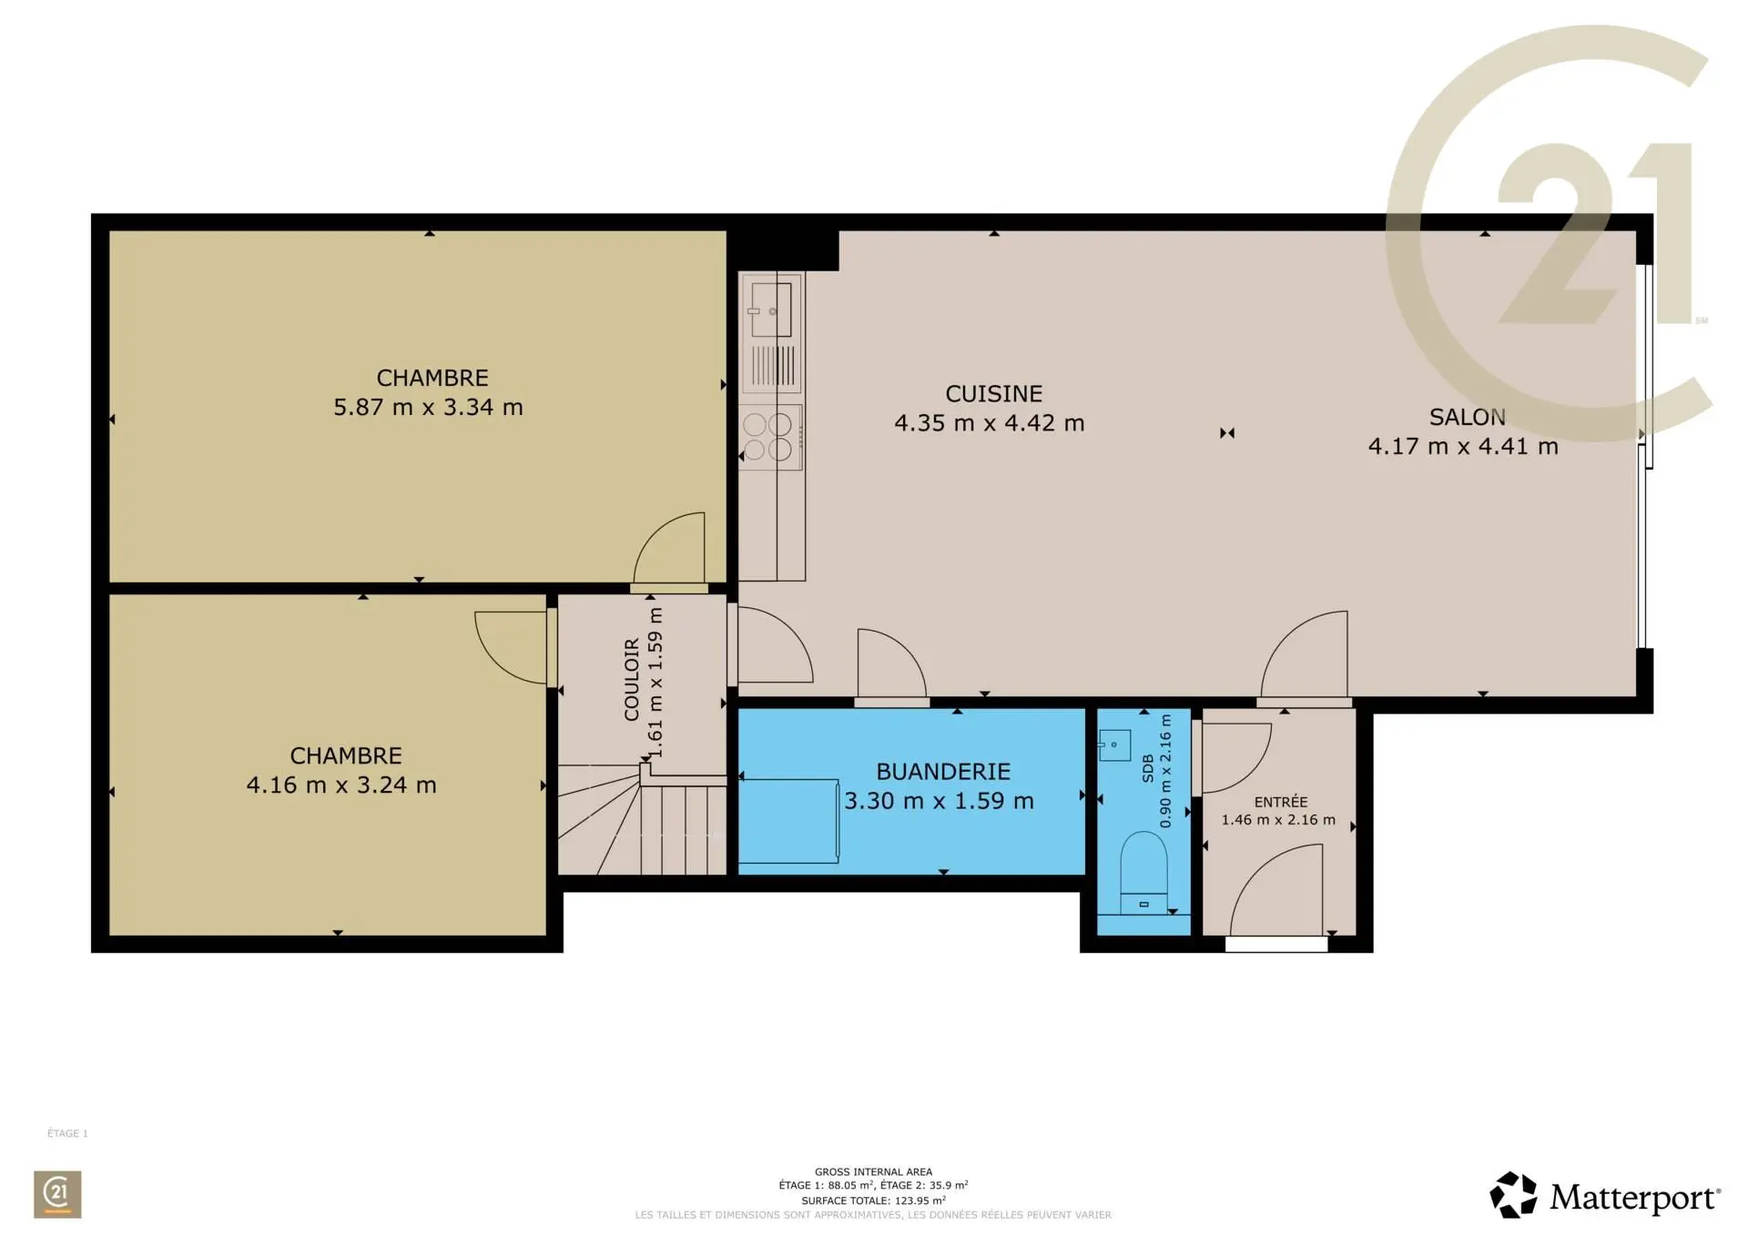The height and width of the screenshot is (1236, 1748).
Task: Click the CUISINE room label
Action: [x=993, y=394]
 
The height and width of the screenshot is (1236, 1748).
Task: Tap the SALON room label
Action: [x=1467, y=418]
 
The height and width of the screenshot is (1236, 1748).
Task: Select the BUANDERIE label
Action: [x=943, y=772]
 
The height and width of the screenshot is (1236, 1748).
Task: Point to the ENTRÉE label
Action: [x=1281, y=802]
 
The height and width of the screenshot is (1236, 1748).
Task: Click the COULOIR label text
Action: [x=632, y=680]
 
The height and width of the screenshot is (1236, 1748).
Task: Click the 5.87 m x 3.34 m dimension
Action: [x=428, y=407]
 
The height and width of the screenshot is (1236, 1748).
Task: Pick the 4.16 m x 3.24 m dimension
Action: [x=341, y=785]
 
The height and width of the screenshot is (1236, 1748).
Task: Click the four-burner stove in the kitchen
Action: [x=770, y=437]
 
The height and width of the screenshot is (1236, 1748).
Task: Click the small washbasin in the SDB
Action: [x=1114, y=745]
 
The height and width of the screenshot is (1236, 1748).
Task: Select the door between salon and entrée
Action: [x=1305, y=654]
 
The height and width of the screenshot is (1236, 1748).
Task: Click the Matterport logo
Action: [x=1604, y=1195]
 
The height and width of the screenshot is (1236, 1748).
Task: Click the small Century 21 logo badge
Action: [x=57, y=1194]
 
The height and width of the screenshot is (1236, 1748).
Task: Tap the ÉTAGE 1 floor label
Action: [x=67, y=1133]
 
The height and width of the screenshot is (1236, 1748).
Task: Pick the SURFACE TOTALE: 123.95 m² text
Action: [x=873, y=1201]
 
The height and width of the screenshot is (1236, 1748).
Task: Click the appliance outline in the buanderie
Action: [x=788, y=821]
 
